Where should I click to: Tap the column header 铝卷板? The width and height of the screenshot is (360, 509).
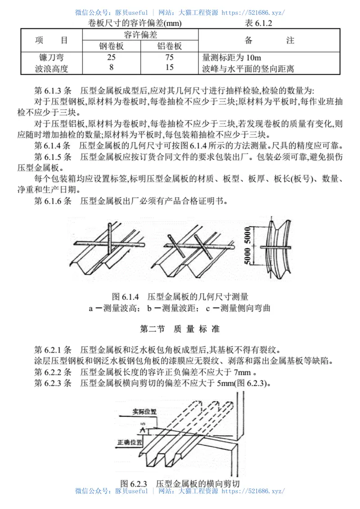pos(169,46)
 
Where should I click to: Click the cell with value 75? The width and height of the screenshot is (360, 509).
pos(169,58)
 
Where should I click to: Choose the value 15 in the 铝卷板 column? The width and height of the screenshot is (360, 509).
pos(169,68)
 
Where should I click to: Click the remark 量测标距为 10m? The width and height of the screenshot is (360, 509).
pos(232,58)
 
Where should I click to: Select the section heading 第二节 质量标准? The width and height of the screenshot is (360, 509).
pos(180,329)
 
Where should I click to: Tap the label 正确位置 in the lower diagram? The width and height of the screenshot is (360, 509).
pos(130,442)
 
